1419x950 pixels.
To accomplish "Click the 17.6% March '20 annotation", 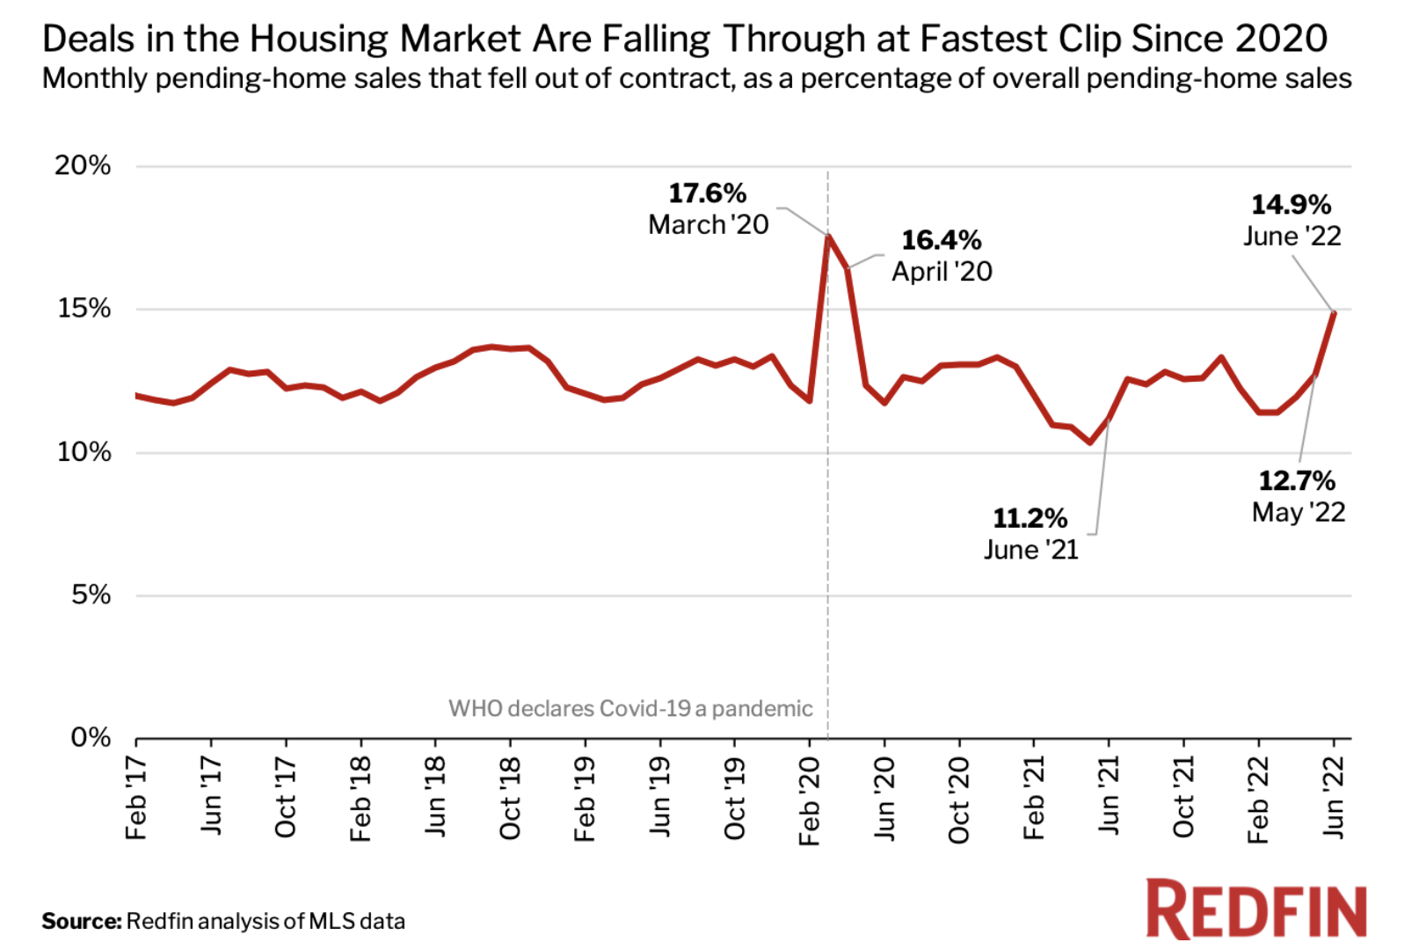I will [708, 209].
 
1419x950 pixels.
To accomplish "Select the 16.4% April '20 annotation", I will [942, 256].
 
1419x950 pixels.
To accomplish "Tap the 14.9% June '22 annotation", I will [1292, 220].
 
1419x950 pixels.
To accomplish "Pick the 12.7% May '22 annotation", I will [1298, 496].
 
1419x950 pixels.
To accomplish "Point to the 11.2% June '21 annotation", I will [1030, 533].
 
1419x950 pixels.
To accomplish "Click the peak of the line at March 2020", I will [828, 236].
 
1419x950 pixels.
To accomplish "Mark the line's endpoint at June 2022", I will [1334, 312].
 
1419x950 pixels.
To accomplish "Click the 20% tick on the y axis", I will [84, 165].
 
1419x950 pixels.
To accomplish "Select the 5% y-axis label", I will [91, 596].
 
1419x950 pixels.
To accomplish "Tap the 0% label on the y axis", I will [91, 737].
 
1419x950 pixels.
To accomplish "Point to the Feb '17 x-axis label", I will [136, 798].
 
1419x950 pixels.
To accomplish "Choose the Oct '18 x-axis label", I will [510, 798].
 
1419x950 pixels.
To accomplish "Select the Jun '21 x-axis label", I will [1109, 796].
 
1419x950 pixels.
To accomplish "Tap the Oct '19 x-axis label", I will [734, 798].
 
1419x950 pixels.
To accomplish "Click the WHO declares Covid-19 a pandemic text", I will [630, 709].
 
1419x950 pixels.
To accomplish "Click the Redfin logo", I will [1255, 910].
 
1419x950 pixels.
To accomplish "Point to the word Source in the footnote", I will [81, 921].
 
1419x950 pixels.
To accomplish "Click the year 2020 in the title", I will [1280, 40].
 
